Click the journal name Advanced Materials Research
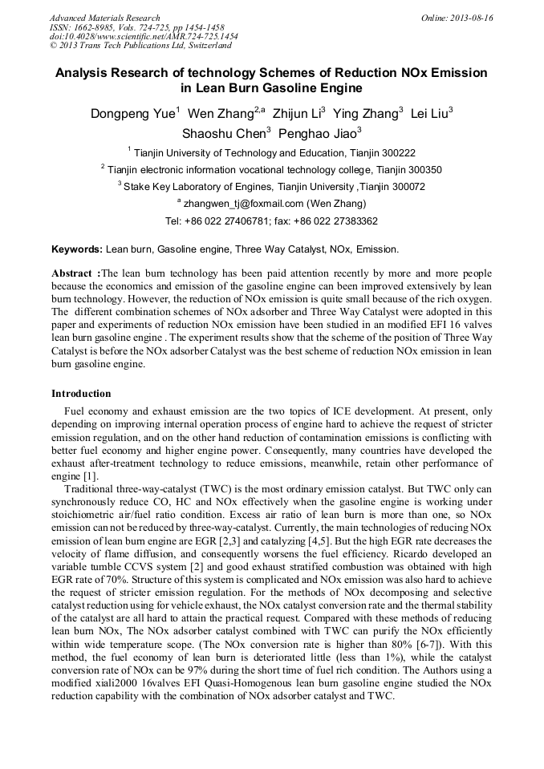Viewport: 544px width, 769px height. (104, 18)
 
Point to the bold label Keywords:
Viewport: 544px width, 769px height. (77, 249)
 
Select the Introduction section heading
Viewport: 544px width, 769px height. (81, 394)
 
